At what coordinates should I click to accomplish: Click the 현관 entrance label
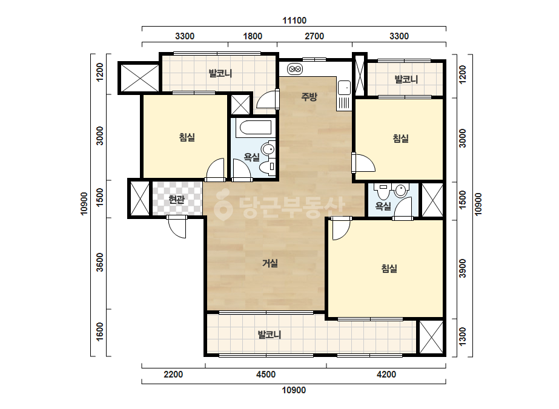tap(177, 199)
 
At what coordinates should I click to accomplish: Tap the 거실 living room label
tap(270, 263)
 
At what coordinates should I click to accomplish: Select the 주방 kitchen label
tap(309, 97)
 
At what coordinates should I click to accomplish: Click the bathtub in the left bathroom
tap(255, 128)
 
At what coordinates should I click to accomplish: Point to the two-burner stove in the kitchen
tap(295, 69)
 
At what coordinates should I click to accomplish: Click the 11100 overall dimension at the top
tap(294, 21)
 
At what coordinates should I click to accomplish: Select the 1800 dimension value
tap(253, 36)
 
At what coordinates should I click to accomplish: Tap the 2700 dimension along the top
tap(314, 36)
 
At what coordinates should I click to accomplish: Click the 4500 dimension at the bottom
tap(266, 375)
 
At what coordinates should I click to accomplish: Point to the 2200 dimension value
tap(173, 375)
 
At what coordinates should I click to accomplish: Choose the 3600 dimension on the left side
tap(100, 262)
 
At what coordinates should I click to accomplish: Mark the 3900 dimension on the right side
tap(462, 268)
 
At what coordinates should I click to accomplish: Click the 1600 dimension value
tap(100, 332)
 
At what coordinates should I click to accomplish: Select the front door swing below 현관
tap(177, 227)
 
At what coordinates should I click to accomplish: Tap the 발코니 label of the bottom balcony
tap(270, 335)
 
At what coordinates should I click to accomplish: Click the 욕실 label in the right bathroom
tap(383, 206)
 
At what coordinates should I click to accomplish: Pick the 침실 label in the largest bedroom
tap(389, 268)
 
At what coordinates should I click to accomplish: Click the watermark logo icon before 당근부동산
tap(223, 206)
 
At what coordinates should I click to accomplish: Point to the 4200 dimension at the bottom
tap(386, 375)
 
